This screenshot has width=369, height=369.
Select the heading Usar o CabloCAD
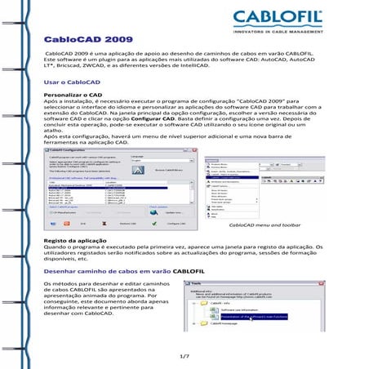tap(71, 83)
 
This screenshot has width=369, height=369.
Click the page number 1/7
tap(184, 356)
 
